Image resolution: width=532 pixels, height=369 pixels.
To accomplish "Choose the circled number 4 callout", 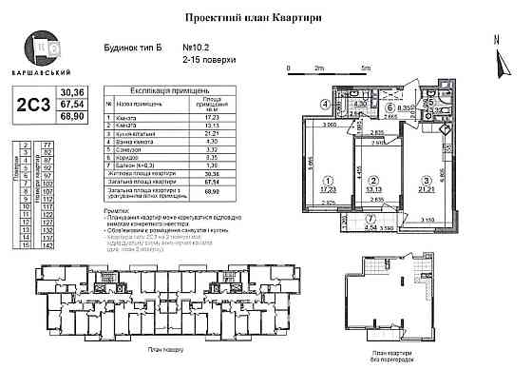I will point(324,105).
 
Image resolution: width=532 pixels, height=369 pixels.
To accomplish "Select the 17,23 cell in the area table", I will point(239,115).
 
